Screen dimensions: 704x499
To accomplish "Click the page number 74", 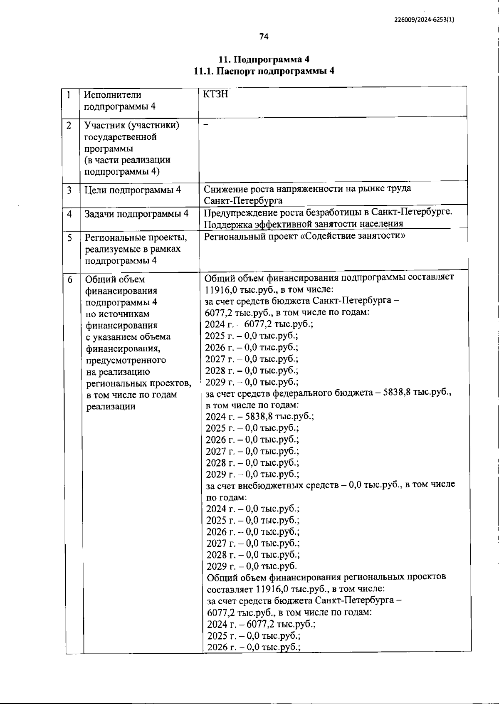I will coord(264,37).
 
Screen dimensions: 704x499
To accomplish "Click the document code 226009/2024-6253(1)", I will coord(424,20).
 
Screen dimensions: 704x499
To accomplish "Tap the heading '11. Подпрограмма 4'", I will coord(264,59).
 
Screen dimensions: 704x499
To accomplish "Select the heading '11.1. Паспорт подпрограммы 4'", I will coord(264,71).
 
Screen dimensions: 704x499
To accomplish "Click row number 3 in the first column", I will coord(69,190).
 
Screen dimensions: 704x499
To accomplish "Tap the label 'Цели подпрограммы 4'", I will coord(133,190).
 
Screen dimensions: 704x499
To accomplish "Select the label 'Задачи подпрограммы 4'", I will coord(136,214).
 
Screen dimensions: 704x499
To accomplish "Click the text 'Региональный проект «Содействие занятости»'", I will coord(305,236).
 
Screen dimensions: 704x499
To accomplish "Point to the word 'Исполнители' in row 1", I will coord(113,95).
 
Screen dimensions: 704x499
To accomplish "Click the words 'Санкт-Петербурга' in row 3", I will coord(243,201).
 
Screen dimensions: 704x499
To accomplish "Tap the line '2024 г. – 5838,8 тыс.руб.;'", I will coord(259,416).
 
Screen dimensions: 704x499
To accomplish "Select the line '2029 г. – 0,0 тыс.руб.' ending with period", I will coord(252,566).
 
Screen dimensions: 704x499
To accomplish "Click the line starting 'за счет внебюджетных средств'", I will coord(330,485).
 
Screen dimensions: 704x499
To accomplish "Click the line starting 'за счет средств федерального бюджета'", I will coord(329,393).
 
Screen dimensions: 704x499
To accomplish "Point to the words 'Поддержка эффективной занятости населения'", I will coord(304,224).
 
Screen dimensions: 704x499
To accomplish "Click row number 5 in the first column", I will coord(69,238).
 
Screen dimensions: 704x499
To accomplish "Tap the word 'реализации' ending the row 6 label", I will coord(110,407).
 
